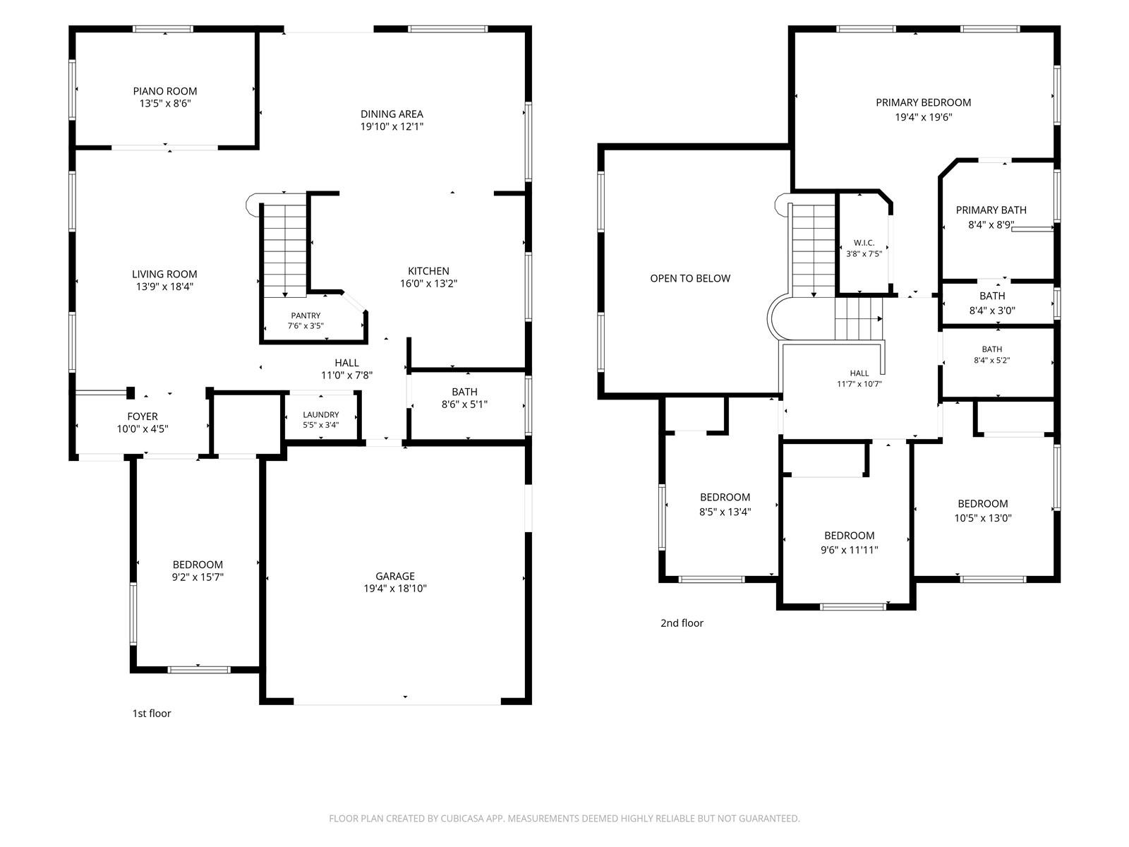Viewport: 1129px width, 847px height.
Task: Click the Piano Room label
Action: [x=165, y=91]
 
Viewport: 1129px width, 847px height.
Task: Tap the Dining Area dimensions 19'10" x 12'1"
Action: [x=392, y=126]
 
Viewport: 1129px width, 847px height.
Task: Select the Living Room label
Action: [x=164, y=274]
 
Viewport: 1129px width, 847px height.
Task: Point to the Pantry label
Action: [x=306, y=316]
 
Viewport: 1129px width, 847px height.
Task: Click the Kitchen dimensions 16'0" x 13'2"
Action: [x=428, y=283]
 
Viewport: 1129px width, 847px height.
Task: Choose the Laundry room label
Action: [x=321, y=414]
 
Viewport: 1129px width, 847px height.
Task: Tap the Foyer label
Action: [x=143, y=416]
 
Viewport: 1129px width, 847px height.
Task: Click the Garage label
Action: [x=395, y=576]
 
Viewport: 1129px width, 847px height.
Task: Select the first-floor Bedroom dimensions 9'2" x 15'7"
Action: [x=198, y=577]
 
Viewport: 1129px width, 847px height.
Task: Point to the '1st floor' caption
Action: [x=152, y=713]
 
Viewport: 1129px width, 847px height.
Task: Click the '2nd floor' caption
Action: [x=682, y=623]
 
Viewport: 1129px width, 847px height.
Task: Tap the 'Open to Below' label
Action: [x=690, y=278]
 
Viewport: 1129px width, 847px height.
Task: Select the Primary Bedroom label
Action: [x=924, y=102]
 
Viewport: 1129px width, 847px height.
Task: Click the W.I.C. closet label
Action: [x=864, y=243]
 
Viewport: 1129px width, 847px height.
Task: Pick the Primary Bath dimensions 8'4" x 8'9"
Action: [x=991, y=224]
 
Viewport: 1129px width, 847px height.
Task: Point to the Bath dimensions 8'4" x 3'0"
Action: [x=992, y=311]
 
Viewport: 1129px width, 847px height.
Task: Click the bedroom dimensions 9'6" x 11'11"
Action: [x=849, y=550]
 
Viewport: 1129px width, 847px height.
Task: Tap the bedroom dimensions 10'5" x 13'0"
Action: [x=983, y=518]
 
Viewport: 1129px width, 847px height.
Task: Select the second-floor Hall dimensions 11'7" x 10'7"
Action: [x=859, y=384]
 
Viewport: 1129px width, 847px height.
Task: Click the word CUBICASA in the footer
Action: [x=461, y=818]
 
